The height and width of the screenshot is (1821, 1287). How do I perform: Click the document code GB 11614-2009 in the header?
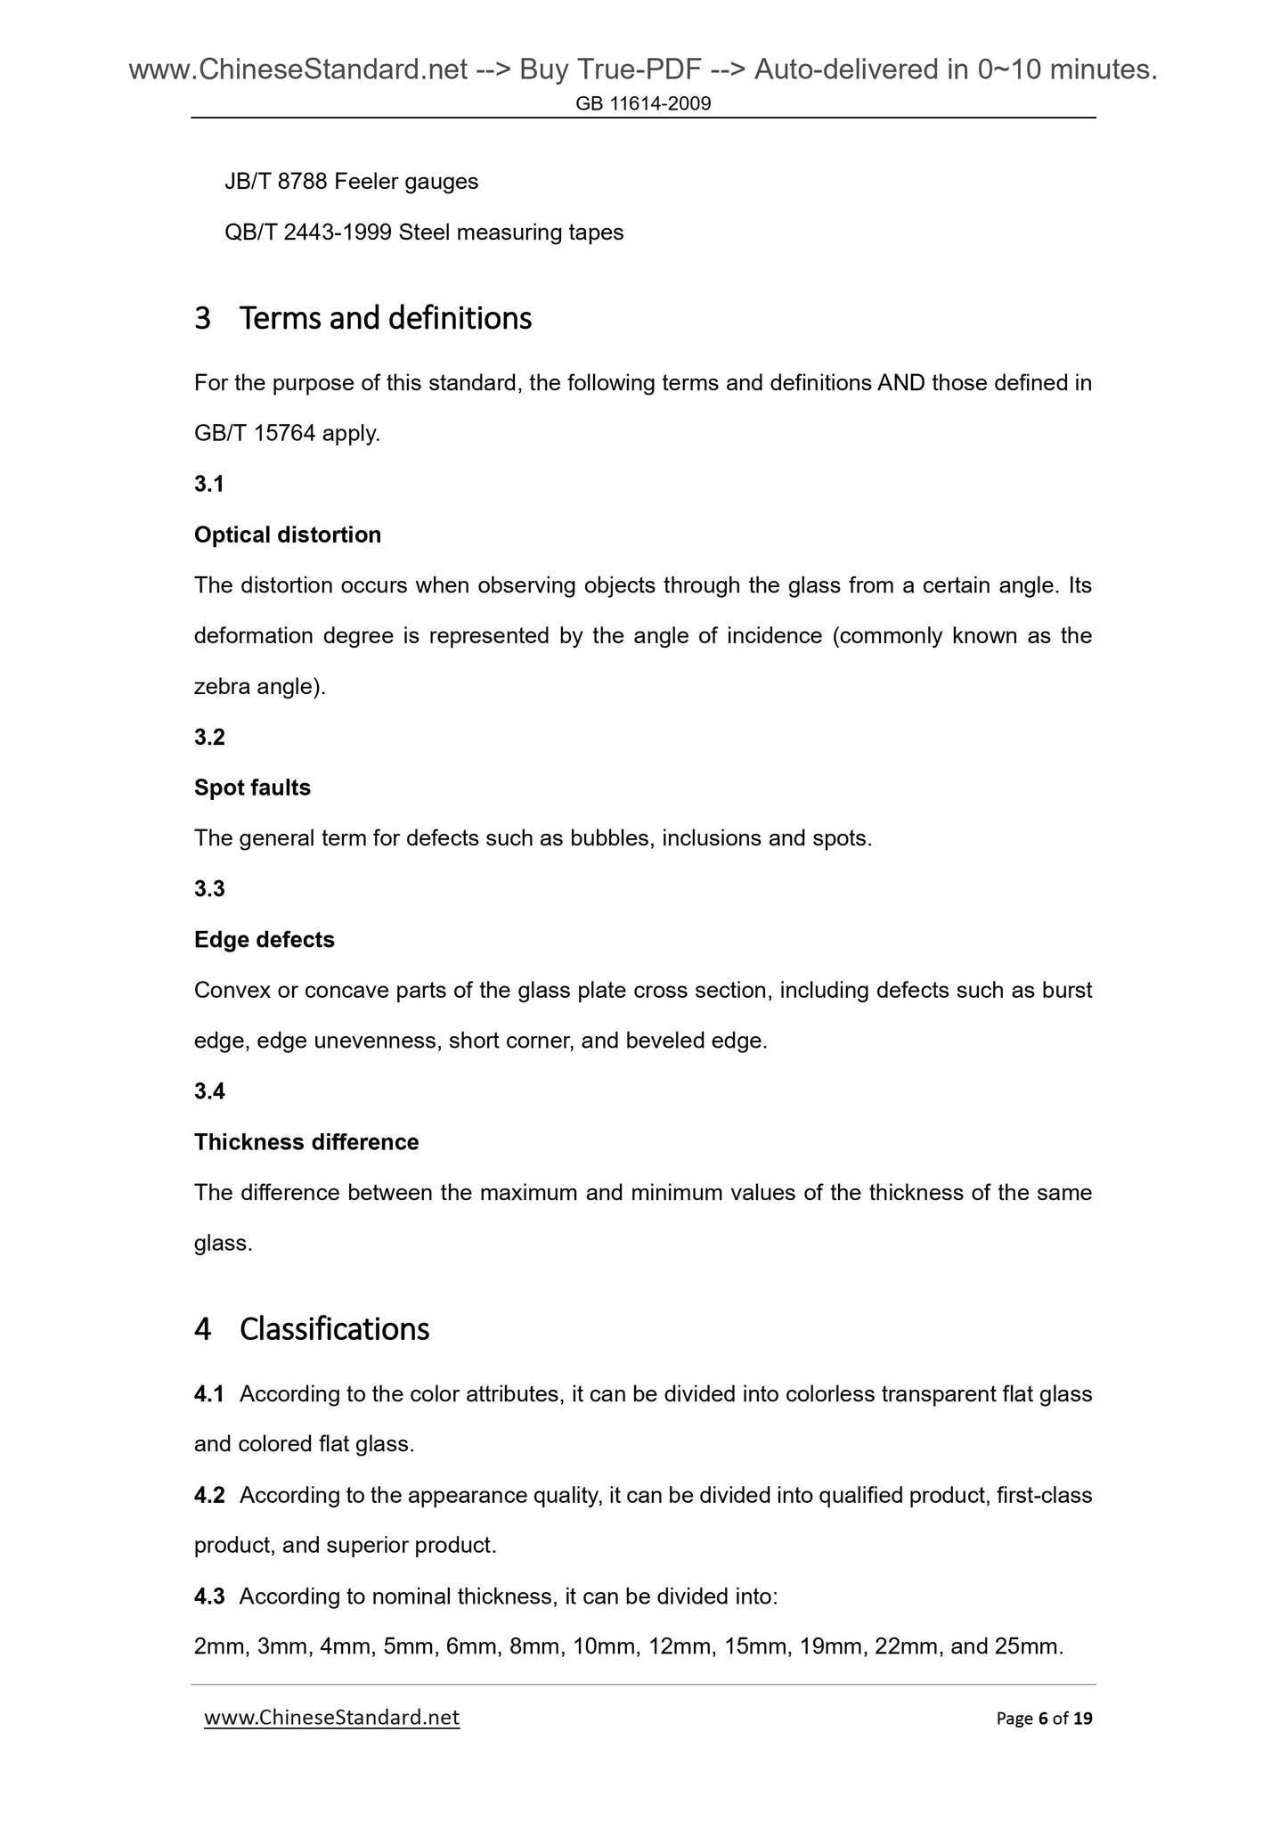pos(643,104)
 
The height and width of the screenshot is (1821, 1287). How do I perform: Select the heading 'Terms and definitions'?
pos(385,318)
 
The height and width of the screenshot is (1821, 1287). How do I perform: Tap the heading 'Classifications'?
pos(334,1328)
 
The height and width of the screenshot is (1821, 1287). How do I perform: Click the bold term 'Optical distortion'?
pos(288,535)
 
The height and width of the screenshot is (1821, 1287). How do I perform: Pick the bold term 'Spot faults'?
pos(252,788)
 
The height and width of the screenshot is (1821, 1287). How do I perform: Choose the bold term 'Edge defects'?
pos(265,939)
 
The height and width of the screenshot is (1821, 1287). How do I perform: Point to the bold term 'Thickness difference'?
pos(306,1141)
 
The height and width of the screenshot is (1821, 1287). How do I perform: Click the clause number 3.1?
pos(209,484)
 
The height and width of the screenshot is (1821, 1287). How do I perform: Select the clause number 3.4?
pos(209,1090)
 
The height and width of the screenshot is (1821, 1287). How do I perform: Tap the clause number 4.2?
pos(209,1494)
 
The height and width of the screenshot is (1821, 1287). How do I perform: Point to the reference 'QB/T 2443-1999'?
pos(308,233)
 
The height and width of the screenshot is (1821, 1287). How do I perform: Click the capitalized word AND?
pos(900,383)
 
